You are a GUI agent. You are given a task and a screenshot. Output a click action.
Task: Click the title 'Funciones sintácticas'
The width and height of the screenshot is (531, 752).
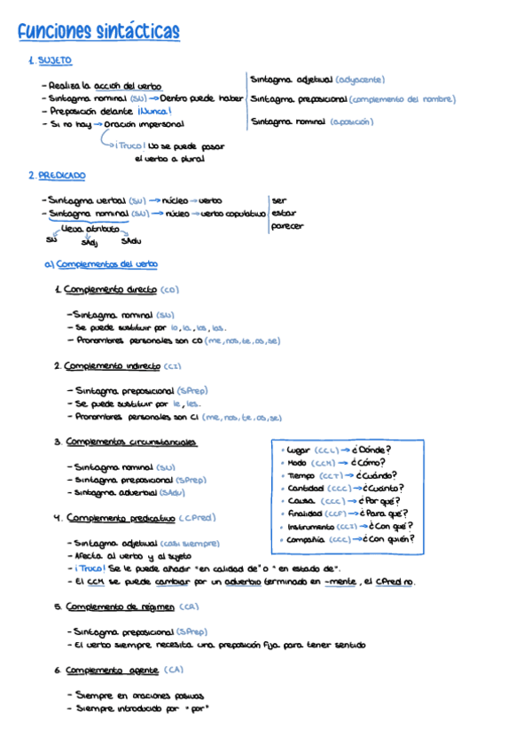pyautogui.click(x=98, y=33)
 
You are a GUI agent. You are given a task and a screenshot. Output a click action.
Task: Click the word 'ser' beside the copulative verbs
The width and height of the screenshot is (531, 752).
pyautogui.click(x=279, y=200)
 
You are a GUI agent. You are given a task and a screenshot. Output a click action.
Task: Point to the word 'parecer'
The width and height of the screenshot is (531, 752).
pyautogui.click(x=287, y=226)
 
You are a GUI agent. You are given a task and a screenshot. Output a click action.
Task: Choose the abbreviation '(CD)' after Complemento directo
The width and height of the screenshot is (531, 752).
pyautogui.click(x=170, y=289)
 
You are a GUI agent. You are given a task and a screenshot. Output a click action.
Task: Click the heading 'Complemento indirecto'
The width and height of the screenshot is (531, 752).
pyautogui.click(x=112, y=365)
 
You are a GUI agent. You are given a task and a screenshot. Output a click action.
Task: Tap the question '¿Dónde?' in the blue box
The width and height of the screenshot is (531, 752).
pyautogui.click(x=372, y=449)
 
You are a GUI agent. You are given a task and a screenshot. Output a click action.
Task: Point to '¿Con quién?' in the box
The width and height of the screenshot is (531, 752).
pyautogui.click(x=387, y=538)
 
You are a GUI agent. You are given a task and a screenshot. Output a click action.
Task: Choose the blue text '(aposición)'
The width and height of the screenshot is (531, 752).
pyautogui.click(x=352, y=121)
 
